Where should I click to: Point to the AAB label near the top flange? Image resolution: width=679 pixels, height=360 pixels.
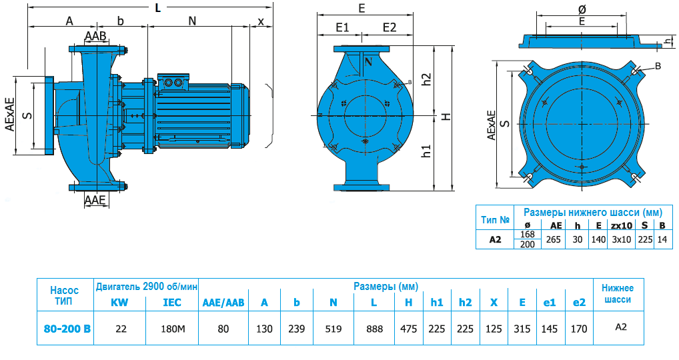(x=95, y=35)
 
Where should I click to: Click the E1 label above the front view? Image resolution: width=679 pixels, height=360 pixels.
(x=342, y=27)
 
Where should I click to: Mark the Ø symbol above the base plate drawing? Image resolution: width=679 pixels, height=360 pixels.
(x=582, y=9)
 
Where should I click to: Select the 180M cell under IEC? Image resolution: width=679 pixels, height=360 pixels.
(x=172, y=328)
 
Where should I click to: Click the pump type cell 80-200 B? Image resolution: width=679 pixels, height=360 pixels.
(x=65, y=328)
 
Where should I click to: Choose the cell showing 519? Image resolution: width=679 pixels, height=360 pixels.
(x=333, y=328)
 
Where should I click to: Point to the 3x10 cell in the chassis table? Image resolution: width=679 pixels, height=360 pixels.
(x=621, y=239)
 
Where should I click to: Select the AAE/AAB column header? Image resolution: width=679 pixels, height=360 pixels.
(x=223, y=302)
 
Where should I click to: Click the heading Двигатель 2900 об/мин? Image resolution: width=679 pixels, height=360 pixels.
(x=147, y=287)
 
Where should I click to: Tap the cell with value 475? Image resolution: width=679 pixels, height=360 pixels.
(x=409, y=328)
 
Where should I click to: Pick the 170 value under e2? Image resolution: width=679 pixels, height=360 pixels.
(x=579, y=328)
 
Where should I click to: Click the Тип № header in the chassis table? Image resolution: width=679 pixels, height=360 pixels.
(x=495, y=219)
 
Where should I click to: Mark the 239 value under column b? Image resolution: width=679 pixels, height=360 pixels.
(x=297, y=328)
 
